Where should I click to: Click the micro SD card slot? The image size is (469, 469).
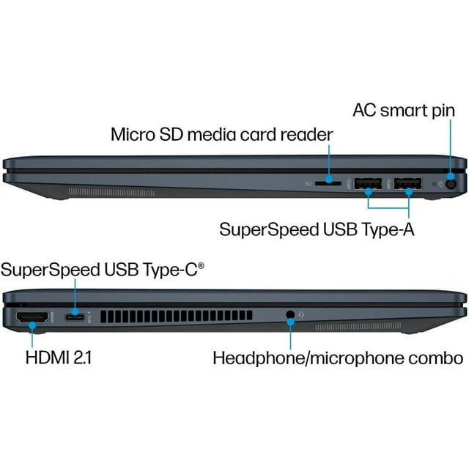tap(328, 183)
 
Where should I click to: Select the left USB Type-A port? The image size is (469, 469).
tap(368, 183)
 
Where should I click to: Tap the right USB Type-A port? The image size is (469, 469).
tap(407, 183)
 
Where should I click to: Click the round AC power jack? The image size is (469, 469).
tap(451, 184)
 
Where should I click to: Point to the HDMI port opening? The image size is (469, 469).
tap(32, 317)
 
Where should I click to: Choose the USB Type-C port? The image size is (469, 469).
tap(75, 317)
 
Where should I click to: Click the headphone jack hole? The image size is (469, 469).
tap(290, 314)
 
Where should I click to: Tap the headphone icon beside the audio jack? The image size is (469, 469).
tap(301, 314)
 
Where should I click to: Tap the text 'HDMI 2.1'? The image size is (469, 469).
tap(59, 358)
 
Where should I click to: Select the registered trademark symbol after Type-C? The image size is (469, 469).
tap(201, 265)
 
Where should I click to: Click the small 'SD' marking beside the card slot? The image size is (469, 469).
tap(309, 183)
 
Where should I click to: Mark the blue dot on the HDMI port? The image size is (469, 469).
tap(32, 325)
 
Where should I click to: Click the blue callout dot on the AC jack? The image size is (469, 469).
tap(450, 176)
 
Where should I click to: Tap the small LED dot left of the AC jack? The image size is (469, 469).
tap(435, 184)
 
